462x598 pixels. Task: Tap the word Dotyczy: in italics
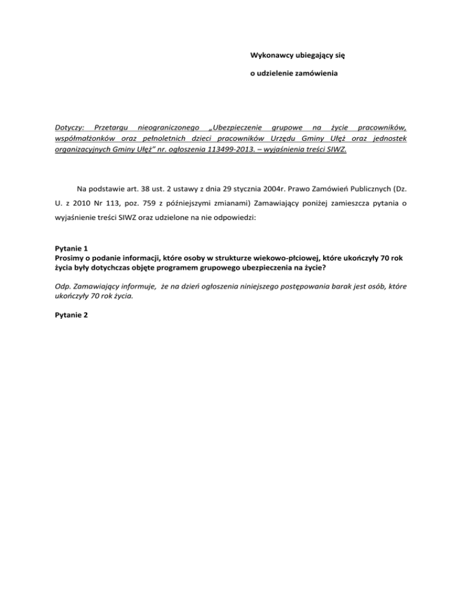tap(66, 128)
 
